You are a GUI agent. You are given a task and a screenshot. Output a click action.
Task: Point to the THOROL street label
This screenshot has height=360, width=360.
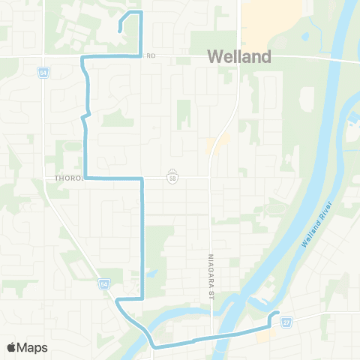click(70, 178)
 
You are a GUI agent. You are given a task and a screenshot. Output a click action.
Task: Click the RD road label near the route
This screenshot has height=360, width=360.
click(150, 55)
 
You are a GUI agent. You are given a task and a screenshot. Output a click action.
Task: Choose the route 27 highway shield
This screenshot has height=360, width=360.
click(286, 322)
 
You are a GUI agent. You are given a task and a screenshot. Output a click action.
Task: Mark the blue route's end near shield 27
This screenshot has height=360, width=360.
click(278, 313)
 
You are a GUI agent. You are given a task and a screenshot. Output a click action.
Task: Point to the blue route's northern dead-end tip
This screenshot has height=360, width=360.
click(120, 31)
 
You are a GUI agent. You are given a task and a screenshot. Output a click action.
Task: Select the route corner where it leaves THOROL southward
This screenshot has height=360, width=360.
click(142, 178)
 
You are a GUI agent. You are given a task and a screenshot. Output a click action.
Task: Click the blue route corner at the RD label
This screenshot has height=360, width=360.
click(141, 55)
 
